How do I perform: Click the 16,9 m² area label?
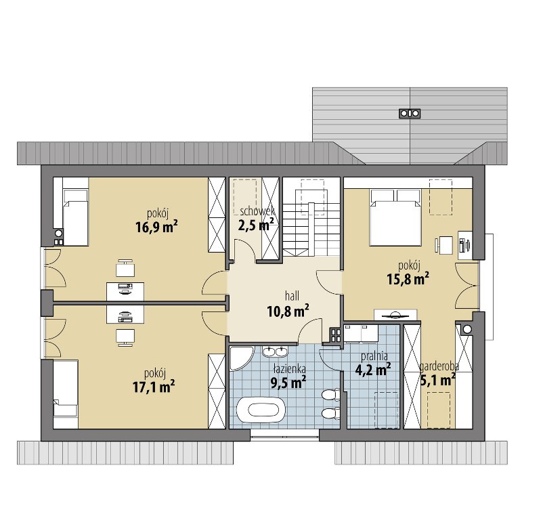(157, 227)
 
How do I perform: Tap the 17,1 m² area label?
(154, 386)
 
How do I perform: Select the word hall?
(292, 296)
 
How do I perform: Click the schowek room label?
(257, 211)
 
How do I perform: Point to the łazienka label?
(289, 369)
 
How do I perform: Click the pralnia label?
(374, 356)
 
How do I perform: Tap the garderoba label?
(439, 366)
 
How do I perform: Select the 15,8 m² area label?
(408, 278)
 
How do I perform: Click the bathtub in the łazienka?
(261, 410)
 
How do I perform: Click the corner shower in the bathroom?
(240, 358)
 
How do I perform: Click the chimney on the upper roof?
(410, 113)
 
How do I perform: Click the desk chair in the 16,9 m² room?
(125, 268)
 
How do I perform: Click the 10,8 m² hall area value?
(288, 311)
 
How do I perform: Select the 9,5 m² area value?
(288, 383)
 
